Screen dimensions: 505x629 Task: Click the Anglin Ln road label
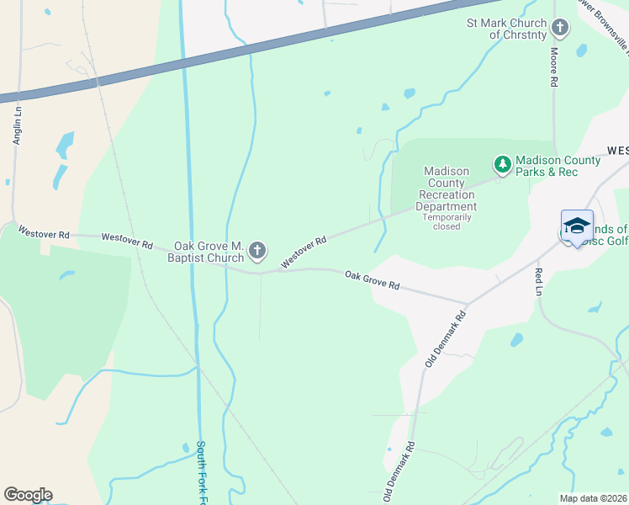coord(16,125)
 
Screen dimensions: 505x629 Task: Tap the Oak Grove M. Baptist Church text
coord(208,252)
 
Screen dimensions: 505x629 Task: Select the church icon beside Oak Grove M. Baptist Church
coord(258,250)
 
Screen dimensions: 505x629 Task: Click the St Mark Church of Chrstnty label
coord(506,29)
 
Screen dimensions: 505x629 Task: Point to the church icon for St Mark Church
coord(559,29)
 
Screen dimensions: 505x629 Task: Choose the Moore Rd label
coord(554,68)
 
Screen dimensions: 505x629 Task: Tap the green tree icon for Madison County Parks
coord(502,164)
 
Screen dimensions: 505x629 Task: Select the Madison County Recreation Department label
coord(448,189)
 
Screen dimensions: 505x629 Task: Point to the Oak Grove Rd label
coord(372,279)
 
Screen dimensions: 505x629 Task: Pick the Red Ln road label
coord(538,282)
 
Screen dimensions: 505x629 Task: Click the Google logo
coord(28,495)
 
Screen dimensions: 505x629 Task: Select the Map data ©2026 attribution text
coord(592,498)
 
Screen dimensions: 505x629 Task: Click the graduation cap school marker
coord(577,226)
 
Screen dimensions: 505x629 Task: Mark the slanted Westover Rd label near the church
coord(303,252)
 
